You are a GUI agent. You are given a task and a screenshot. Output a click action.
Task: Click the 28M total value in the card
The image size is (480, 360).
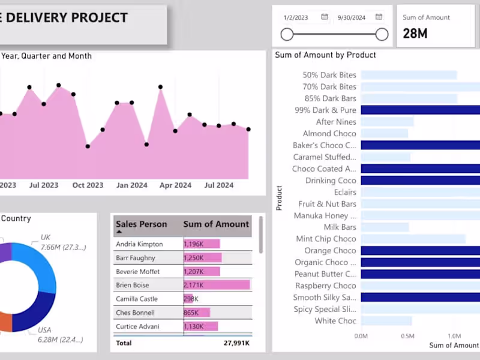pos(415,34)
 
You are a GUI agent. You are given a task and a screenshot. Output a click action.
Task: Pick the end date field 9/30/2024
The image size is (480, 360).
pos(352,17)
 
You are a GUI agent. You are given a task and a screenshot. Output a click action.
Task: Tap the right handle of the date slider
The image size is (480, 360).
pos(382,35)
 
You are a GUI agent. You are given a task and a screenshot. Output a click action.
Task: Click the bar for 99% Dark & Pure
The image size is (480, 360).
pos(420,110)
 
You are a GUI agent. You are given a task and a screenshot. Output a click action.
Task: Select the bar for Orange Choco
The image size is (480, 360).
pos(420,251)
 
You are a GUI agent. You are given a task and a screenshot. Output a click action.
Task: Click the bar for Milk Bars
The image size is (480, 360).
pos(385,227)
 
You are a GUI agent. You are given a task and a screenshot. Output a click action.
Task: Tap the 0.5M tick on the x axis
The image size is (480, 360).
pos(407,336)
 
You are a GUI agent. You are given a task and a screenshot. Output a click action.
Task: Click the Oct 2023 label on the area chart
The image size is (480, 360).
pos(88,185)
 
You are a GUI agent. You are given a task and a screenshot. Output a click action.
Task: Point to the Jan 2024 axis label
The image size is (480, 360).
pos(131,185)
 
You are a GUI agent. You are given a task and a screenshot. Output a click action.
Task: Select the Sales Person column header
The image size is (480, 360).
pos(142,224)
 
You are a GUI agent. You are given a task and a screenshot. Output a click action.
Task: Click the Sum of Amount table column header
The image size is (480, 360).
pos(216,224)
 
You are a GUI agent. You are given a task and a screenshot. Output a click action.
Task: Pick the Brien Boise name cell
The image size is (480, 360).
pos(132,285)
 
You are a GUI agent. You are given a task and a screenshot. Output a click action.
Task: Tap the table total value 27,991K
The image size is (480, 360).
pos(236,343)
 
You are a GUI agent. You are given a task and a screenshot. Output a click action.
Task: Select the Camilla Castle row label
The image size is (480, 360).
pos(136,299)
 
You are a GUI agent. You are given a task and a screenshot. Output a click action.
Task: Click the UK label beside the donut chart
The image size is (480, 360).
pos(46,238)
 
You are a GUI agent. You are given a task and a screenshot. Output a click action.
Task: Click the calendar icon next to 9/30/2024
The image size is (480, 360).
pos(379,17)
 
